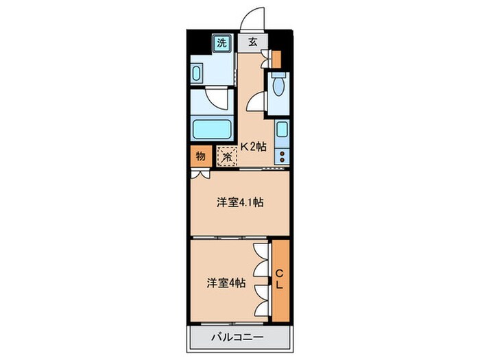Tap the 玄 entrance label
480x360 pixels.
252,43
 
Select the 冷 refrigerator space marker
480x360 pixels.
227,156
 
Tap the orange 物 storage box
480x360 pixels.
200,156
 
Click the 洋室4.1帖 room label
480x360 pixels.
241,202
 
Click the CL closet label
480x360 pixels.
280,280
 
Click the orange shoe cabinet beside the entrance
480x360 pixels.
276,60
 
